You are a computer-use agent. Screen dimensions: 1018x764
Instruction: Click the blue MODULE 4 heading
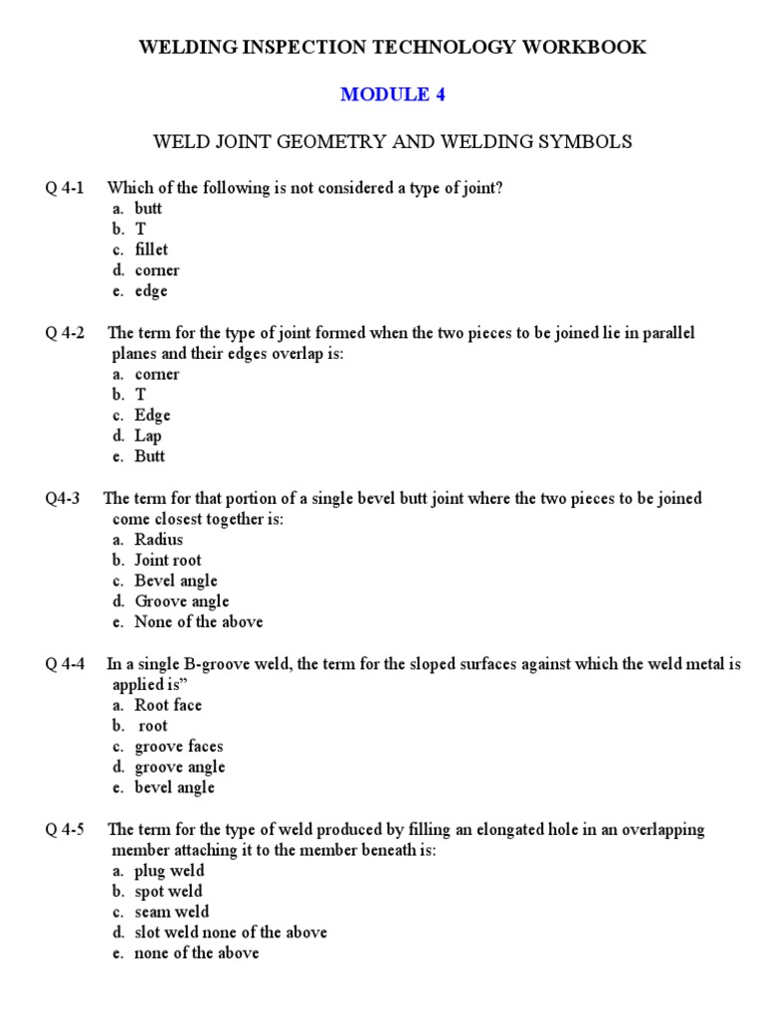coord(393,94)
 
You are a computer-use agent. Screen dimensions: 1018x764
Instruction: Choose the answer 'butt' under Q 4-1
coord(148,209)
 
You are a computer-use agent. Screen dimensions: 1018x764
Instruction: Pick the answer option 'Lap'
coord(148,435)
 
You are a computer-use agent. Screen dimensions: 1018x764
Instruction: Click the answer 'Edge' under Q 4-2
coord(152,416)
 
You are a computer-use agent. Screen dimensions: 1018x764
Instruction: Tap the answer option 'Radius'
coord(159,540)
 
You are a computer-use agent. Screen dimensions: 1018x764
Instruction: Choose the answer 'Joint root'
coord(167,560)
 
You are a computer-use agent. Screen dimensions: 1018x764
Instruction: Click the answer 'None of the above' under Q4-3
coord(199,621)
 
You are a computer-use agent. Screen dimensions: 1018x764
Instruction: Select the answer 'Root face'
coord(168,705)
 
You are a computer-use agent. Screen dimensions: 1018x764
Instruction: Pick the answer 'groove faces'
coord(179,747)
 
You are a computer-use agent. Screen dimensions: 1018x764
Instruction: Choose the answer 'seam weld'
coord(171,912)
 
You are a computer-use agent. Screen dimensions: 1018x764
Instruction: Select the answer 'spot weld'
coord(168,892)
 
